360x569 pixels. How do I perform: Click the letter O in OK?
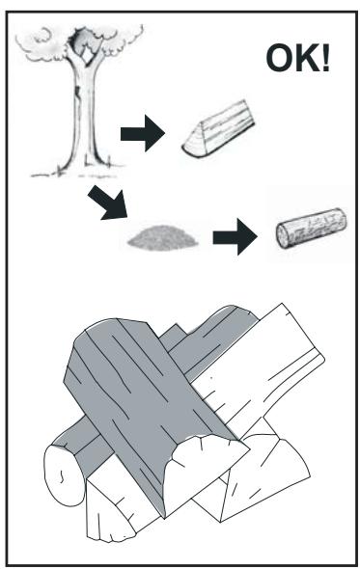click(x=280, y=58)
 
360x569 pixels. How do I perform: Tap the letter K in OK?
click(x=308, y=58)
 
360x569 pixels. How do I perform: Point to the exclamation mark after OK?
click(x=326, y=58)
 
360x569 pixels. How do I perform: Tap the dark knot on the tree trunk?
click(x=77, y=92)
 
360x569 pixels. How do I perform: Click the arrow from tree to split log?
click(x=143, y=133)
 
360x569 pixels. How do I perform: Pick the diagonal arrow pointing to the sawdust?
click(x=109, y=203)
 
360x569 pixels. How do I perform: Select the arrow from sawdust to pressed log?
click(x=235, y=236)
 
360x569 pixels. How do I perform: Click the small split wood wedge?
click(x=219, y=128)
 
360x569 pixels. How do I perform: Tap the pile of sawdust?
click(x=163, y=238)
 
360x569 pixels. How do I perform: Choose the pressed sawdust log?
click(x=312, y=228)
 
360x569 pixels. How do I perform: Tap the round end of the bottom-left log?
click(x=62, y=475)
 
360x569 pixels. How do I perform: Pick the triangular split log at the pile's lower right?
click(x=262, y=479)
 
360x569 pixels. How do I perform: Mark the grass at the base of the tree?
click(x=78, y=174)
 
